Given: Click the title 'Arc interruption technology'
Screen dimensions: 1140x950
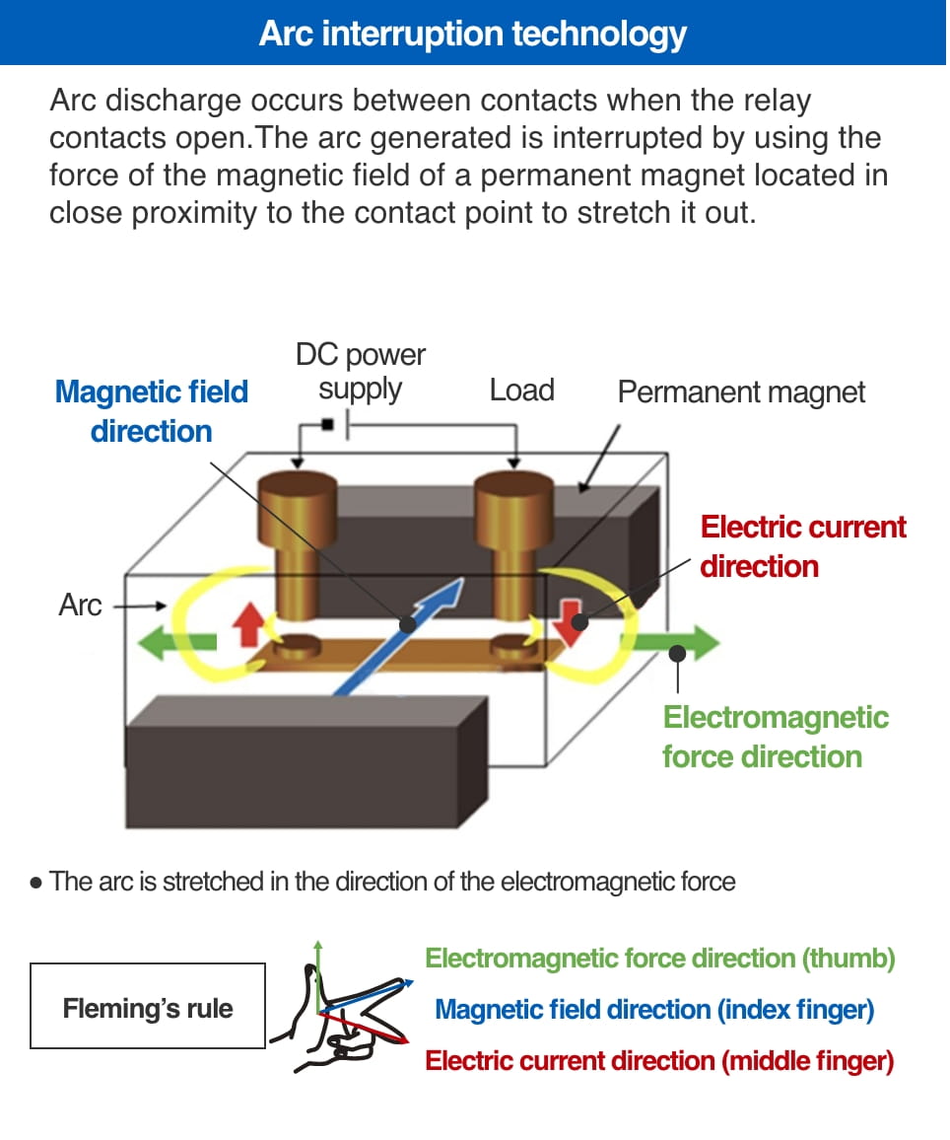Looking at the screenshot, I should pos(473,34).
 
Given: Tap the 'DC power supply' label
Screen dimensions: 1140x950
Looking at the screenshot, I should pos(360,372).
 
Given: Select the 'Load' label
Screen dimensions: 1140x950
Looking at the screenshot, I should pos(521,391).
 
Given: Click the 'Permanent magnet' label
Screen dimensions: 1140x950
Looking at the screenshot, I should pos(741,392).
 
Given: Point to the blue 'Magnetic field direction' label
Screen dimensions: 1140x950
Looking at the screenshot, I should pos(152,411).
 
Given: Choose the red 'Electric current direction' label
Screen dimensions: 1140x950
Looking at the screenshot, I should pos(802,546).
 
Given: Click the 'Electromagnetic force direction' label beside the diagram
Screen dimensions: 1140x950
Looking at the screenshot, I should pos(776,737).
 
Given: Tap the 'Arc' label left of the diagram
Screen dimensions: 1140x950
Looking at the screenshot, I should pos(80,605).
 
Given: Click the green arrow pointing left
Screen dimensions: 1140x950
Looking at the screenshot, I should pos(177,642).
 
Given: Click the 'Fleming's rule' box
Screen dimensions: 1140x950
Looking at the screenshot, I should pos(148,1007).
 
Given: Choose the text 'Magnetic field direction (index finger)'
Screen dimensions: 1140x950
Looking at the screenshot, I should pos(653,1010).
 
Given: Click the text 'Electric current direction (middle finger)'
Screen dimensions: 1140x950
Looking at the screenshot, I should pos(659,1061).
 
